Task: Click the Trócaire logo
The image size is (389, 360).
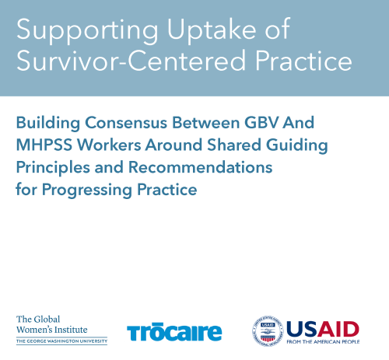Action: [173, 331]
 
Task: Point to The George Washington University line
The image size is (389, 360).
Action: [61, 340]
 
